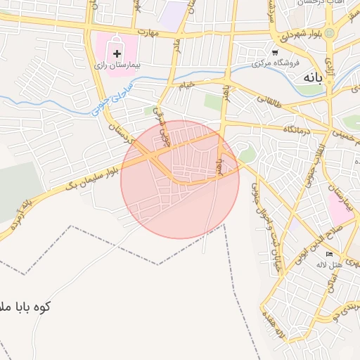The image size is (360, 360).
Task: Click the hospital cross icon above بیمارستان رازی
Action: tap(117, 53)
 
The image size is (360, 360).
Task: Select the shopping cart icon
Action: tap(275, 53)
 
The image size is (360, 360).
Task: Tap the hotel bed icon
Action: tap(330, 254)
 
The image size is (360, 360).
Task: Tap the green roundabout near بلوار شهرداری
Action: tap(329, 33)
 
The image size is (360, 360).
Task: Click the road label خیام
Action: tap(186, 85)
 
